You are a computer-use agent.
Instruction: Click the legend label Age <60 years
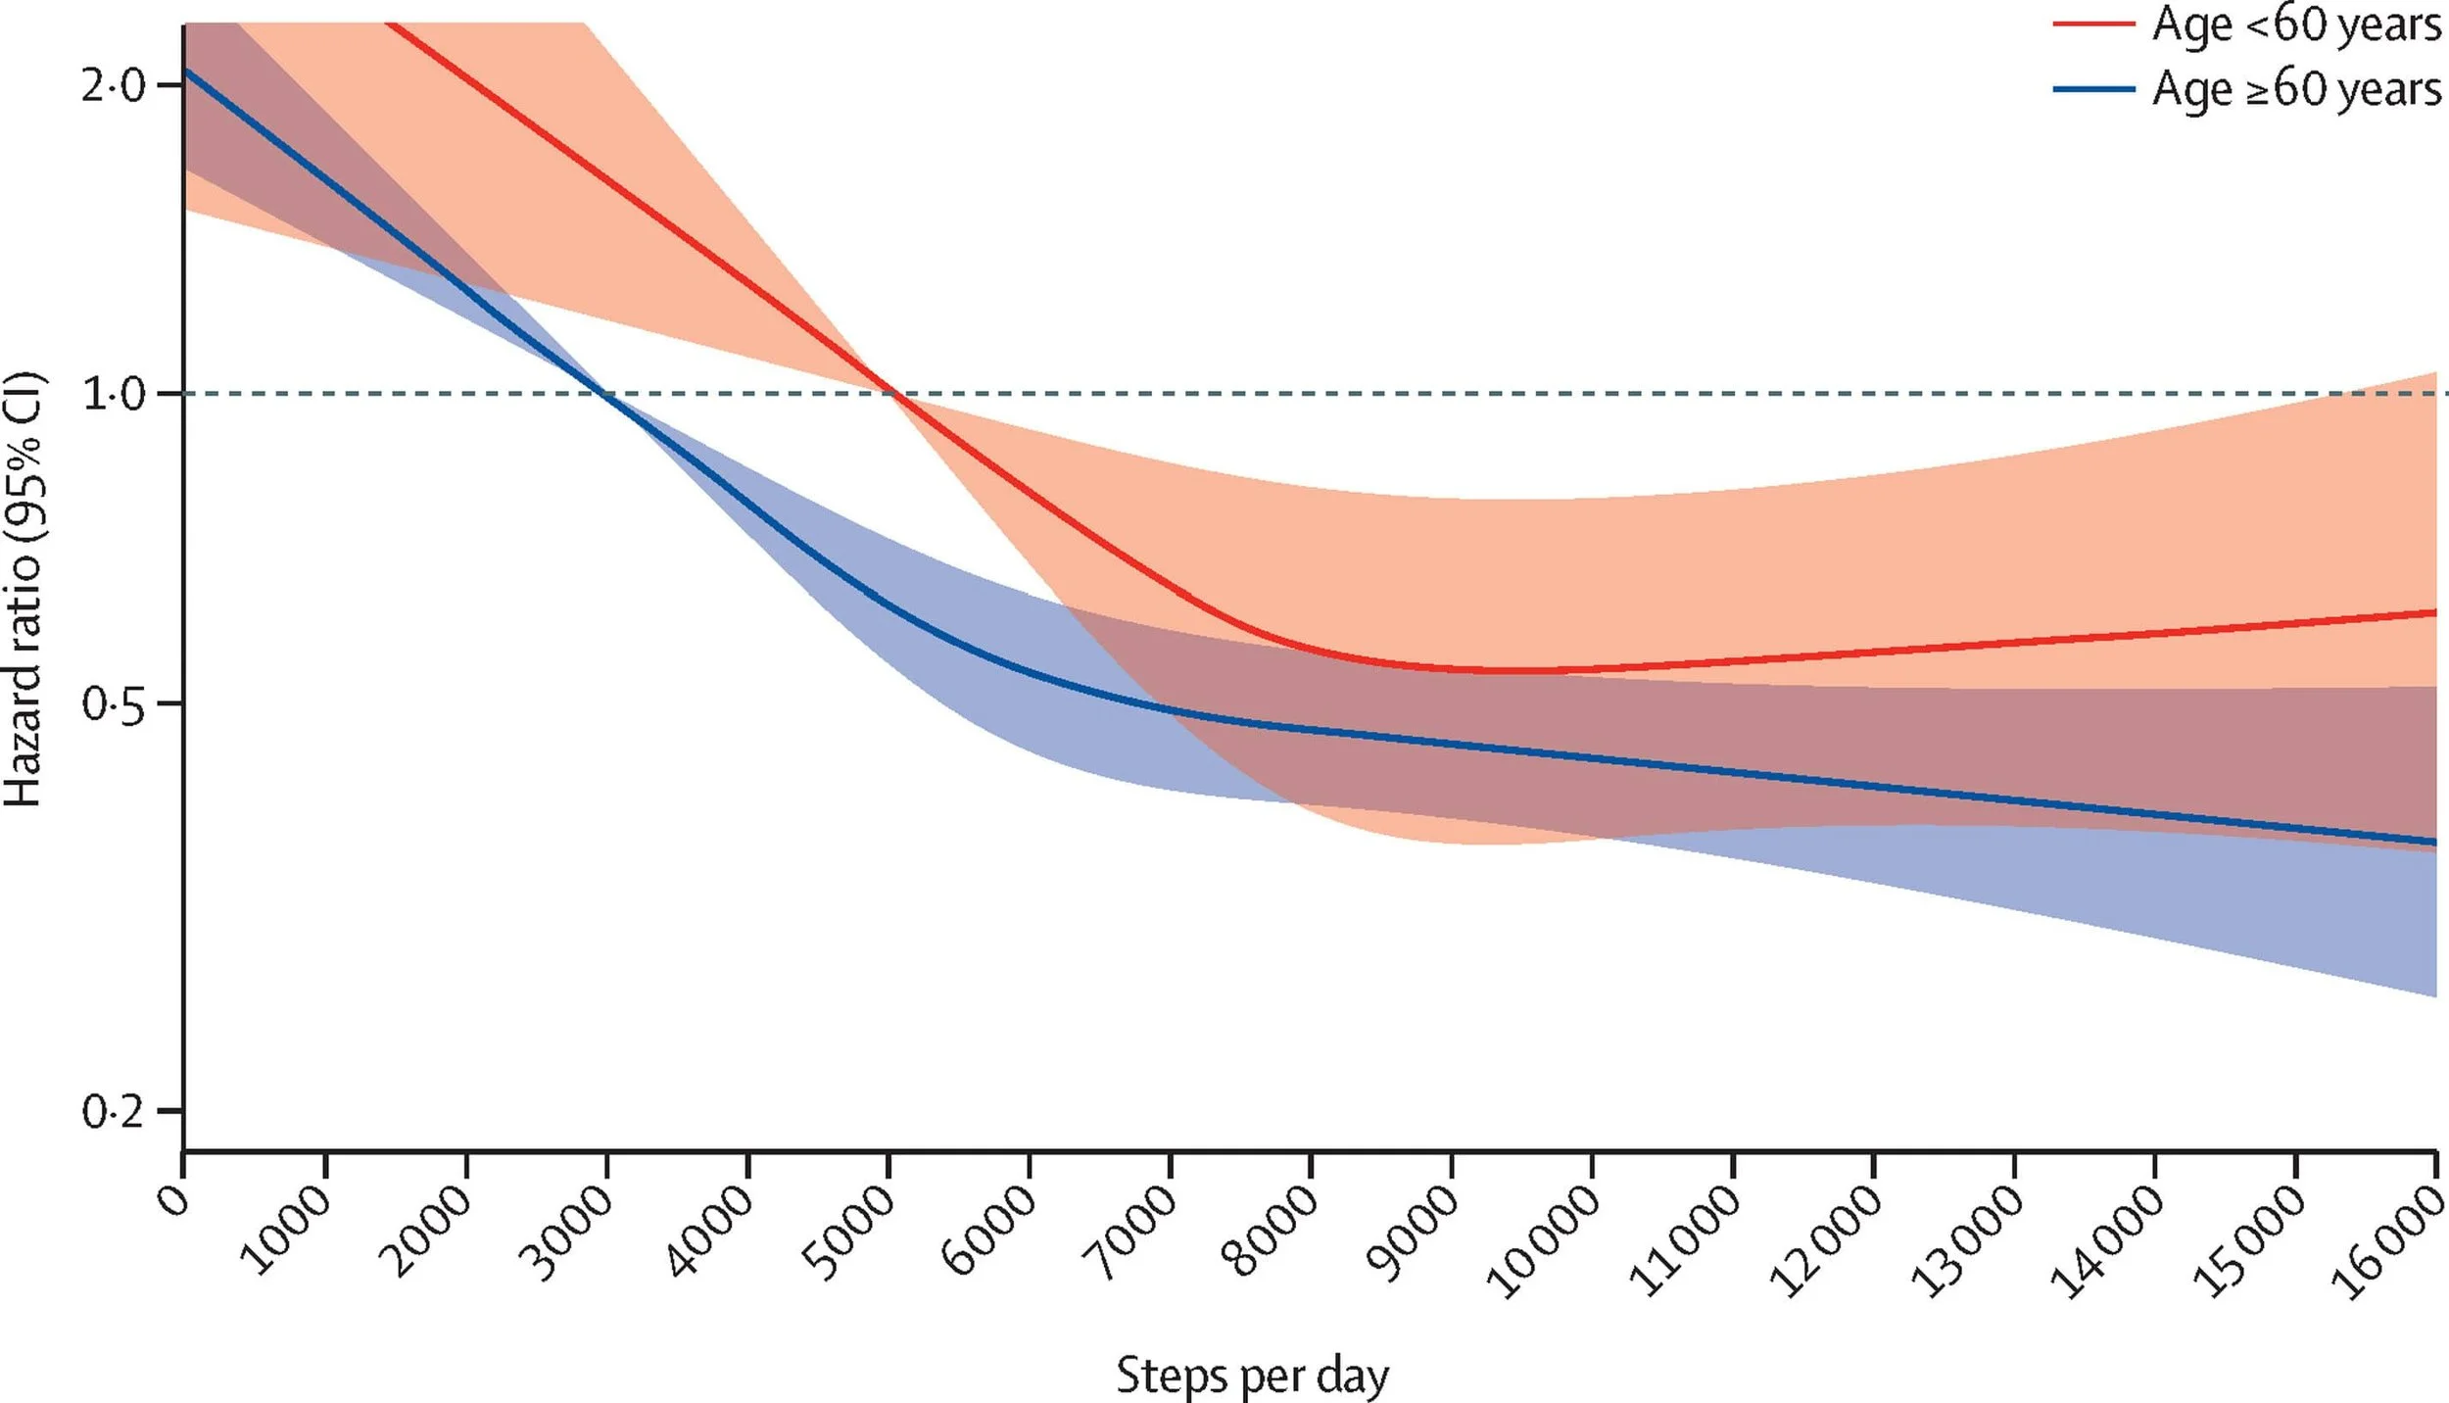tap(2295, 25)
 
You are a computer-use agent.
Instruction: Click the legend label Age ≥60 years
tap(2295, 90)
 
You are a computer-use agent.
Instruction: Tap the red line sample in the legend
tap(2093, 24)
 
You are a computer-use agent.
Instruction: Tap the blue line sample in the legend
tap(2093, 89)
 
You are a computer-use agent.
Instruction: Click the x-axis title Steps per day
tap(1252, 1375)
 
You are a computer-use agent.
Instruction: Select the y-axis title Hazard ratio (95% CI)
tap(24, 590)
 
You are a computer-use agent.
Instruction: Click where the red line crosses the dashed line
tap(890, 394)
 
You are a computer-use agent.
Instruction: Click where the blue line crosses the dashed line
tap(604, 394)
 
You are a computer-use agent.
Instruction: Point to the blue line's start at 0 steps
tap(186, 71)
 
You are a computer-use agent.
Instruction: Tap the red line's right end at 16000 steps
tap(2434, 612)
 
